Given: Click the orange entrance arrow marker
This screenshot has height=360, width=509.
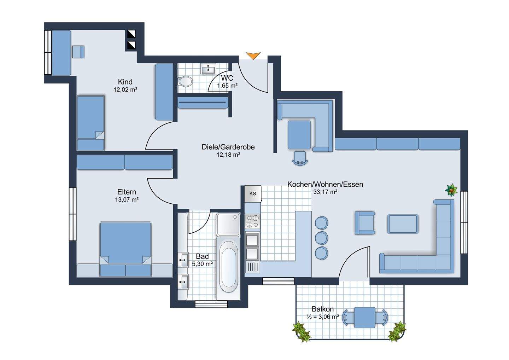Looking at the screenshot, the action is point(253,56).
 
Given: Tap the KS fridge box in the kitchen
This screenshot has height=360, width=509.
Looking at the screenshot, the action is point(253,194).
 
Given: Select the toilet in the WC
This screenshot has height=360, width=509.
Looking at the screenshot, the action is point(186,81).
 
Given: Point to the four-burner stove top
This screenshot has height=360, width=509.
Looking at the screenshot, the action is point(253,221).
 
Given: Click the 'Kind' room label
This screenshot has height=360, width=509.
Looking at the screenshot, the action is point(125,82).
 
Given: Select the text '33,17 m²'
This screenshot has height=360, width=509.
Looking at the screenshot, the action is point(325,192).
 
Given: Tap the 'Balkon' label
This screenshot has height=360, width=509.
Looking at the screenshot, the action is point(323,309).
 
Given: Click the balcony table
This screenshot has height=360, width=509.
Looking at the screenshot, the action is point(365,318).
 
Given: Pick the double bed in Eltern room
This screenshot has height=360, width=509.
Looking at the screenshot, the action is point(125,249).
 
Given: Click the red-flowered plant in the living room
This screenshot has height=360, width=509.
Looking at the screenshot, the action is point(451,190).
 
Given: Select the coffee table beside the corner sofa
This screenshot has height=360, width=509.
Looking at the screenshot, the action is point(403,224).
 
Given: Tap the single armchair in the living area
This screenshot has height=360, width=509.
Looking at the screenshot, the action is point(365,223).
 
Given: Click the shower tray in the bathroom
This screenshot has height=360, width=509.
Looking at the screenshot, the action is point(228,225).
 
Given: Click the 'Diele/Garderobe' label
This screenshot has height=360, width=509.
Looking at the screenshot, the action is point(228,147).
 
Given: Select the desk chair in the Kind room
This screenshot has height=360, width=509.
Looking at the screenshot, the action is point(78,52).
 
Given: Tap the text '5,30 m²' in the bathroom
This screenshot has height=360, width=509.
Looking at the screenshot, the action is point(202,264).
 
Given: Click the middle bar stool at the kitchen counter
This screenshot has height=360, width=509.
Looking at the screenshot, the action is point(321,238).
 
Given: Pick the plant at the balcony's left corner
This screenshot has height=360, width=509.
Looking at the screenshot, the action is point(301,332).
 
